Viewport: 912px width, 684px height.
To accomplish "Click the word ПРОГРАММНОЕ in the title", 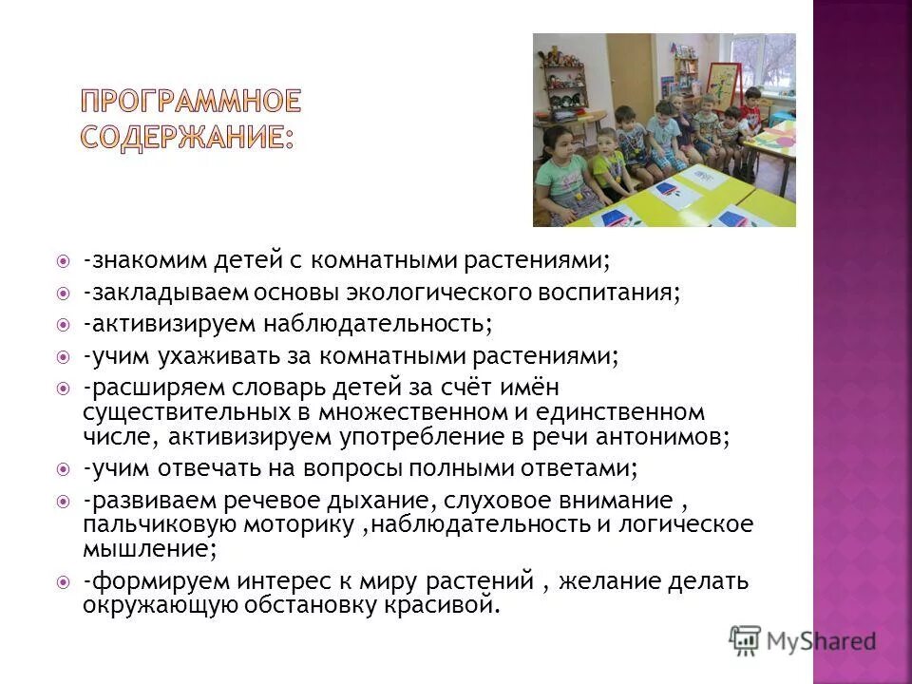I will tap(190, 100).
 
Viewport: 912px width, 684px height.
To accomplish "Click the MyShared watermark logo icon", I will tap(745, 638).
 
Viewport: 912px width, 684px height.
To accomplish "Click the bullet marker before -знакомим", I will tap(63, 259).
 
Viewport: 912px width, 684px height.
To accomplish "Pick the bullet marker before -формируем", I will tap(63, 580).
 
